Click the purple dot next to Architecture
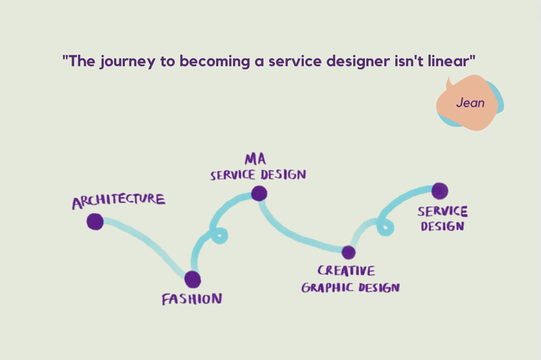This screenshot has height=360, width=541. (x=95, y=221)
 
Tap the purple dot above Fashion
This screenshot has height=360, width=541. (x=193, y=279)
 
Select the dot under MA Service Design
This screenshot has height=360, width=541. (x=259, y=194)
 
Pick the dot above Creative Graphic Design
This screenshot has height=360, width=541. (x=348, y=252)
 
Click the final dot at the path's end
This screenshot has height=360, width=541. (x=440, y=191)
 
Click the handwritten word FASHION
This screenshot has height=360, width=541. (x=192, y=299)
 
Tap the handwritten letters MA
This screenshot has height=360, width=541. (x=256, y=159)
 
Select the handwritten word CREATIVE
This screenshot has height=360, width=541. (x=346, y=271)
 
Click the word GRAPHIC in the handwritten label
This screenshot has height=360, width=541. (x=327, y=288)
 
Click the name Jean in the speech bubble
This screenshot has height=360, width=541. (x=470, y=102)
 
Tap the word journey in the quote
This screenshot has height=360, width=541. (x=128, y=62)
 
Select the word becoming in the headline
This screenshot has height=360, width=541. (x=214, y=62)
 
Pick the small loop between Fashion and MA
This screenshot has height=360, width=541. (x=218, y=235)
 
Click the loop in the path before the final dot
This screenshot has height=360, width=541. (x=385, y=227)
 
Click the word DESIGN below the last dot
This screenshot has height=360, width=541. (x=442, y=227)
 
